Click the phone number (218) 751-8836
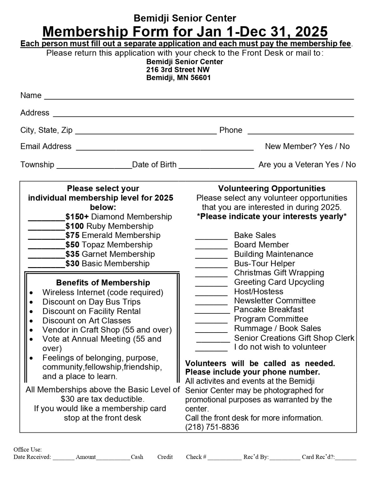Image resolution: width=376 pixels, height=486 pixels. [212, 427]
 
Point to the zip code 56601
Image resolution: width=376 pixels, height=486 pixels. [201, 78]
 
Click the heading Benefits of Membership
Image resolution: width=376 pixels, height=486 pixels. [103, 283]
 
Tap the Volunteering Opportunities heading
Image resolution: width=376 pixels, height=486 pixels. [272, 189]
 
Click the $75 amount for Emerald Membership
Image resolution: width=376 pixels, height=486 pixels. [72, 235]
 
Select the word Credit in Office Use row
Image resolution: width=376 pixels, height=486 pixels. [165, 457]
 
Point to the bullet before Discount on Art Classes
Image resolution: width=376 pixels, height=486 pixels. [32, 321]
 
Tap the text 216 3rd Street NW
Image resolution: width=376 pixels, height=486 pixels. [178, 70]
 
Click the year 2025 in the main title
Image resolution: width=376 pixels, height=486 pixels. [311, 32]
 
